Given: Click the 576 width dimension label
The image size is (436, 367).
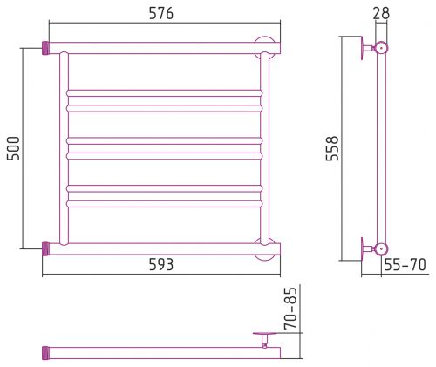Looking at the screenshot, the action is (161, 13).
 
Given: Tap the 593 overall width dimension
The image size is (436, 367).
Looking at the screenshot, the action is (161, 264).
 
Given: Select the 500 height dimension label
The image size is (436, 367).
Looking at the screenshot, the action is (13, 148).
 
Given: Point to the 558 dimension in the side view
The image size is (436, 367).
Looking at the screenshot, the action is (332, 148).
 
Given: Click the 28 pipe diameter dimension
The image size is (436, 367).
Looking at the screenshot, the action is (381, 13).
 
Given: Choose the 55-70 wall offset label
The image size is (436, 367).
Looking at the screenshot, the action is (405, 264).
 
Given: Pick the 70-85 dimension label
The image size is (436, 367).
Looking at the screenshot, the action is (291, 308).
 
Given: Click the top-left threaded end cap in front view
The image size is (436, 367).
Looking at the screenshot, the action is (45, 48).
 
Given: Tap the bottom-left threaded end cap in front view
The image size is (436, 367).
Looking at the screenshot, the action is (45, 249).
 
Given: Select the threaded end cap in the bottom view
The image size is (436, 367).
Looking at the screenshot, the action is (45, 353).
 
